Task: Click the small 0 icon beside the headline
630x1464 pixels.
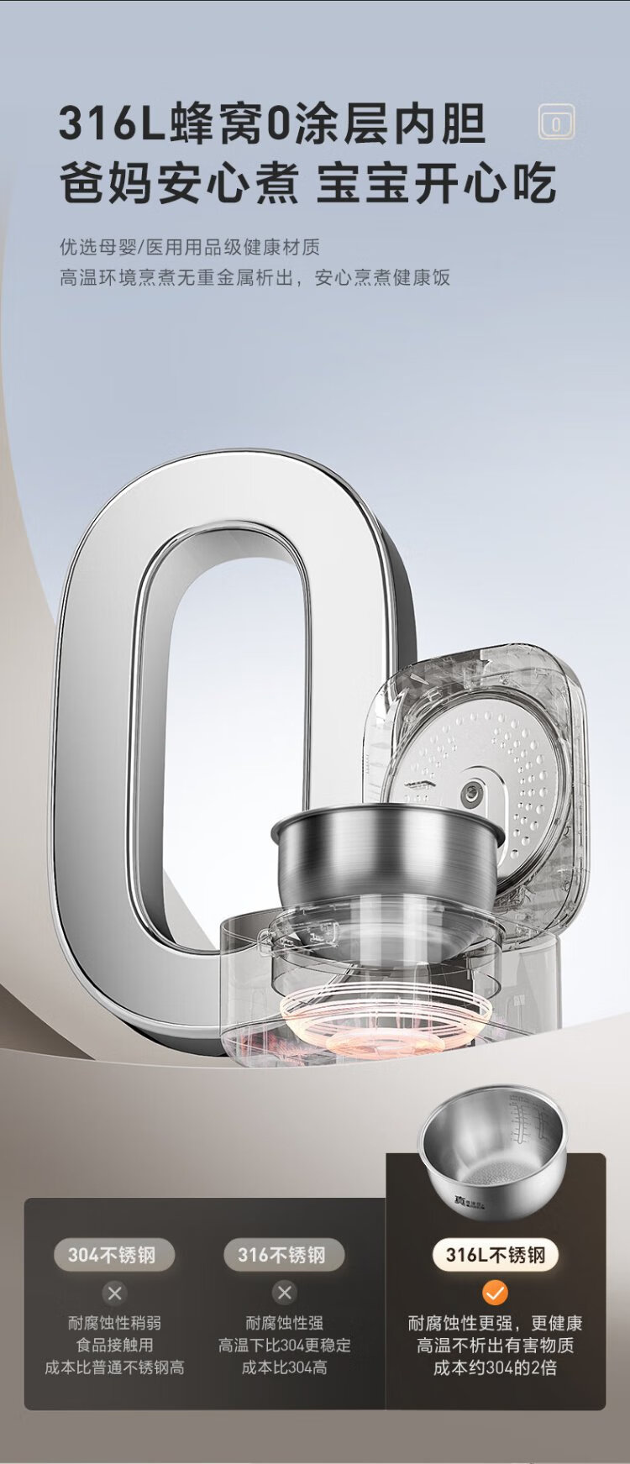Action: pos(555,124)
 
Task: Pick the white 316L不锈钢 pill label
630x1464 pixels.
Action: pos(495,1256)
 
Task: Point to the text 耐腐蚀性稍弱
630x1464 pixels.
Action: pos(114,1324)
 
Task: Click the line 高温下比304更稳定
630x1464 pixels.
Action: pos(284,1346)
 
